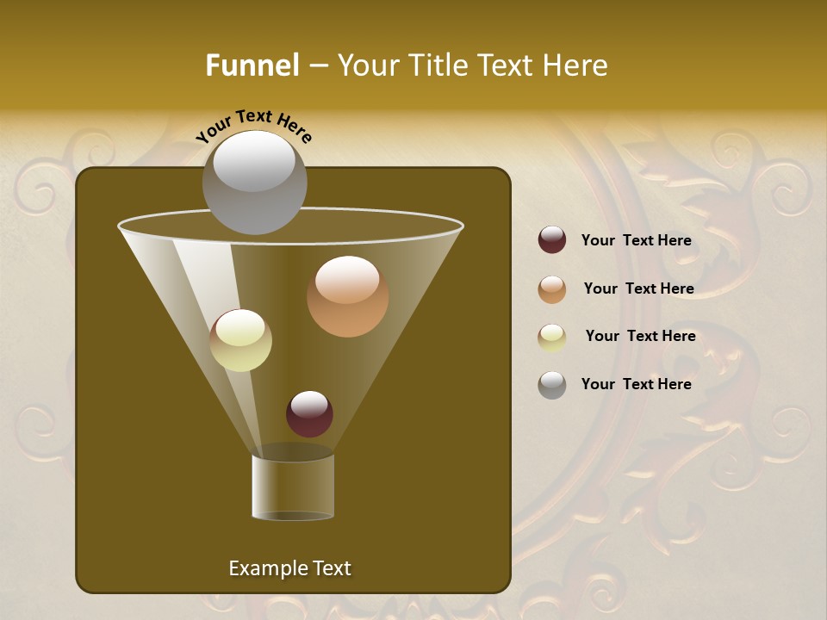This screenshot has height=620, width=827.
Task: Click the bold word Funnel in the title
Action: [x=252, y=65]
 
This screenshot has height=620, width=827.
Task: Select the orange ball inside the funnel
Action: [x=347, y=297]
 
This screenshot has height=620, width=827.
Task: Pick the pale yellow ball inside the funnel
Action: [x=240, y=340]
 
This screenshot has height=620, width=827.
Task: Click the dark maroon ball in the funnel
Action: [x=309, y=414]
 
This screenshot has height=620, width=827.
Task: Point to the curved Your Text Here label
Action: [x=254, y=126]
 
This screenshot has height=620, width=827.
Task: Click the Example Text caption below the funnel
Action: [x=289, y=568]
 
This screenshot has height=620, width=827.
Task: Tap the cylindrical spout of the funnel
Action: [x=292, y=486]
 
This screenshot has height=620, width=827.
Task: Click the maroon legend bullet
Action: [x=552, y=240]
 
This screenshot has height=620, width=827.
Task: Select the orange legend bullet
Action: [x=552, y=289]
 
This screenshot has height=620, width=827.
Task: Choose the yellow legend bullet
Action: [x=552, y=337]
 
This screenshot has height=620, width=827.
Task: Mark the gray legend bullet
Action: [x=552, y=385]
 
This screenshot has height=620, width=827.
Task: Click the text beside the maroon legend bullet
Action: [x=636, y=240]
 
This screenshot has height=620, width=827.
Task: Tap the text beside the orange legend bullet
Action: [x=638, y=288]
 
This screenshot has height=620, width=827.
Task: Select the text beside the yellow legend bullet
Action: [x=640, y=336]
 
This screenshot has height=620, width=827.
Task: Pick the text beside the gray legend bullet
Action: [x=636, y=384]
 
